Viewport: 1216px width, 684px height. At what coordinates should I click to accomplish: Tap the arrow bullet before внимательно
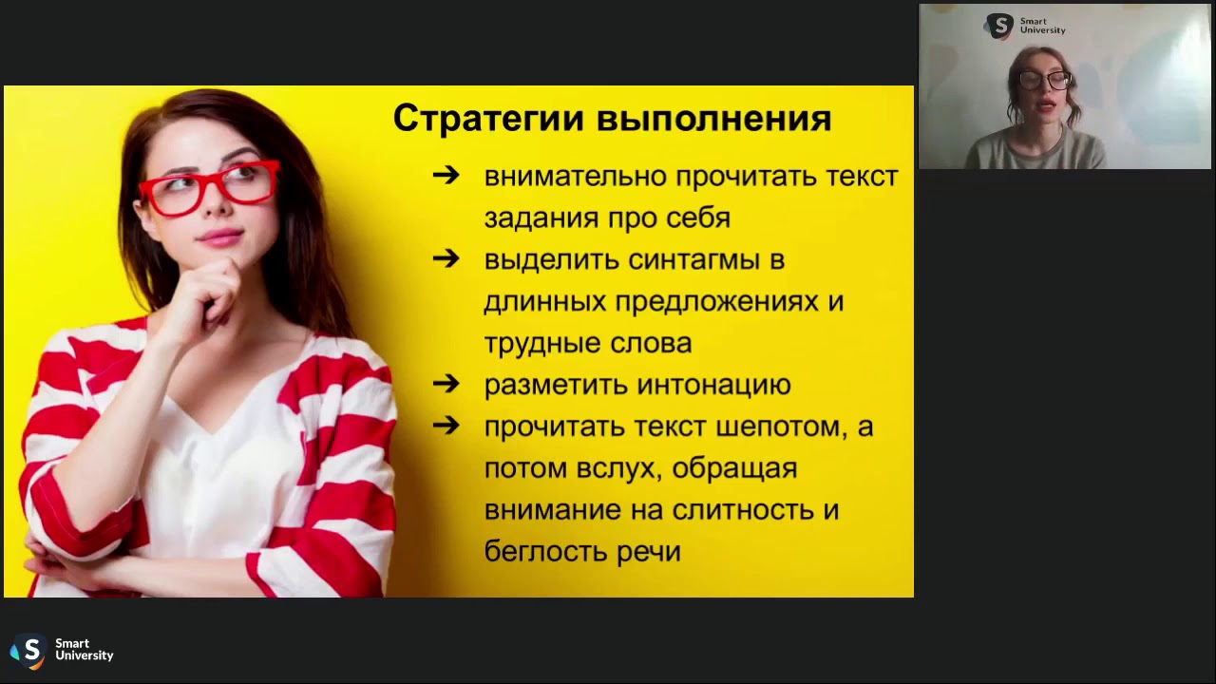pyautogui.click(x=446, y=176)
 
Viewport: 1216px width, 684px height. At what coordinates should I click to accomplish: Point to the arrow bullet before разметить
pyautogui.click(x=446, y=385)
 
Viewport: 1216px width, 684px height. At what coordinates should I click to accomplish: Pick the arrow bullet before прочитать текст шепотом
pyautogui.click(x=446, y=427)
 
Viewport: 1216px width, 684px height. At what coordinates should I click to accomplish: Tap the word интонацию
pyautogui.click(x=713, y=386)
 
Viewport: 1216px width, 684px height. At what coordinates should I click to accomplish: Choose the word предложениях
pyautogui.click(x=715, y=302)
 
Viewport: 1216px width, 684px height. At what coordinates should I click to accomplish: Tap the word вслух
pyautogui.click(x=614, y=468)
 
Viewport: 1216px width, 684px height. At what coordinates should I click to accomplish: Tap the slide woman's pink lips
pyautogui.click(x=219, y=235)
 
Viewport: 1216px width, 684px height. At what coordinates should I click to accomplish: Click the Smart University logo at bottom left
pyautogui.click(x=61, y=651)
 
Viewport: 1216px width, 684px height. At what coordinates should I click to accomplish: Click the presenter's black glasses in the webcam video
pyautogui.click(x=1045, y=81)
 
